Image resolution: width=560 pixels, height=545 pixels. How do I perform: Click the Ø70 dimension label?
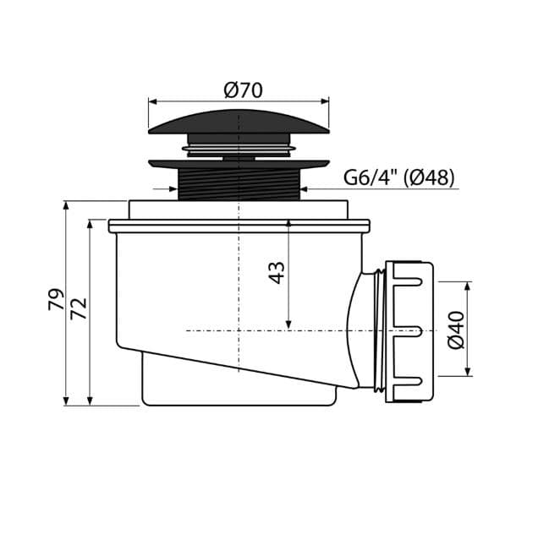tap(244, 90)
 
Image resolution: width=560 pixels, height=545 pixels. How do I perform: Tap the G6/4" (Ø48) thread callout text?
tap(399, 177)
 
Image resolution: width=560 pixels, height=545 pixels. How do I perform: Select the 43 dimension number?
tap(277, 272)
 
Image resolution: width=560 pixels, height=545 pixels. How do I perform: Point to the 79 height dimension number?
tap(57, 299)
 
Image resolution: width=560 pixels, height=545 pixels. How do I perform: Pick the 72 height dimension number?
tap(79, 308)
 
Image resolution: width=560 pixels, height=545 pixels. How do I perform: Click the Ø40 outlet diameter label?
tap(457, 330)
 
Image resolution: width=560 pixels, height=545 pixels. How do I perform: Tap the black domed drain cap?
tap(239, 123)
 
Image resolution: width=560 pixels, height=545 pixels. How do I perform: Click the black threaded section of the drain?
tap(239, 184)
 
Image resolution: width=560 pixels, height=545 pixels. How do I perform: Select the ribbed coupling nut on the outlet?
tap(409, 333)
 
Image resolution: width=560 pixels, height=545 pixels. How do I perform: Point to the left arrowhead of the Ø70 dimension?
tap(152, 101)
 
